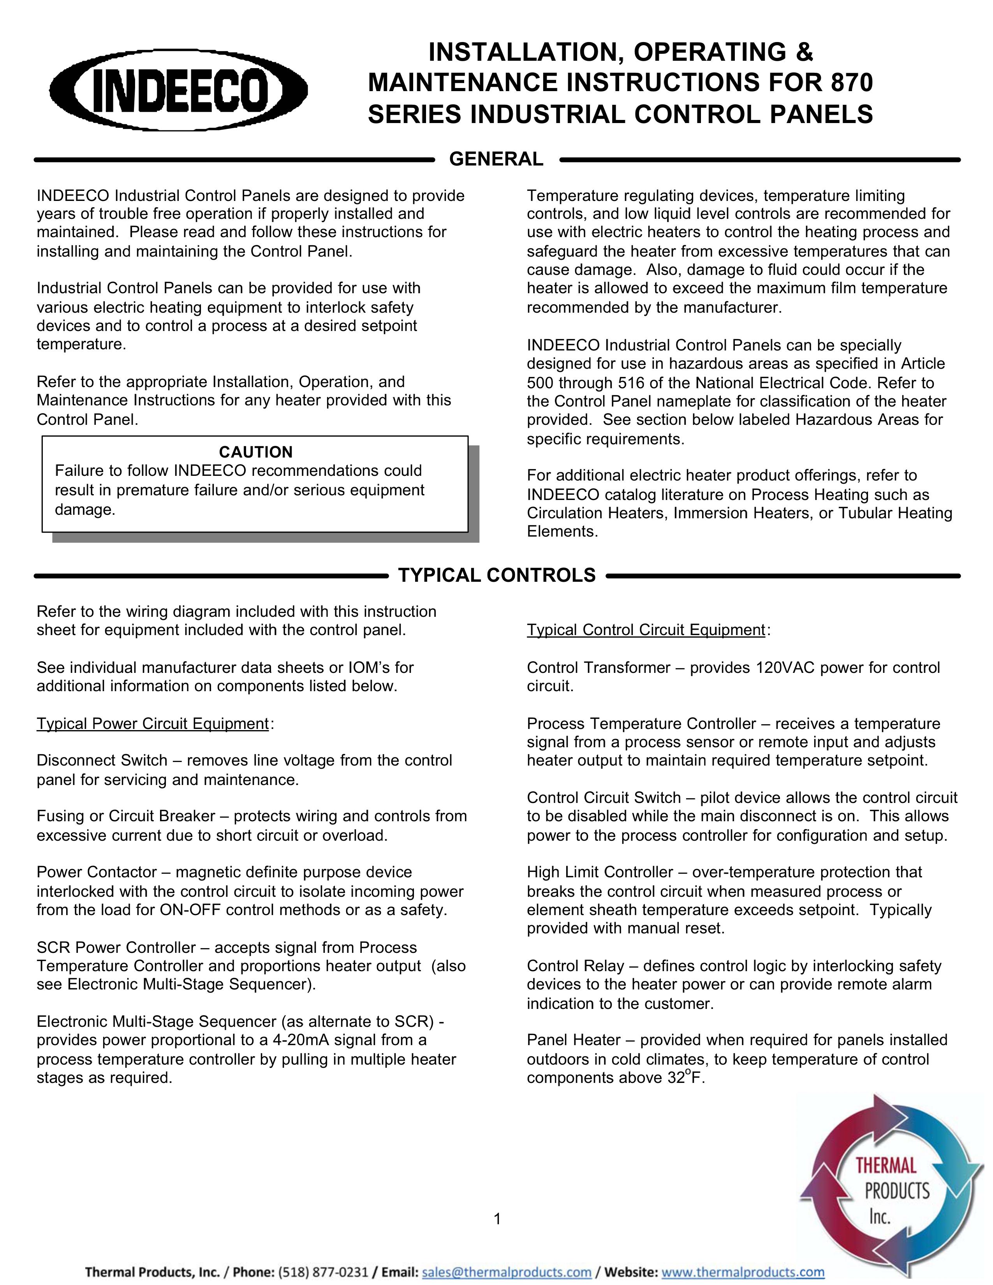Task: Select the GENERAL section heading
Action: coord(496,159)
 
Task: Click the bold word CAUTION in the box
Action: coord(255,452)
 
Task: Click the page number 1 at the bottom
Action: coord(497,1218)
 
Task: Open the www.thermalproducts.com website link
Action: coord(743,1273)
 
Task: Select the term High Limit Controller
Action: coord(599,872)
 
